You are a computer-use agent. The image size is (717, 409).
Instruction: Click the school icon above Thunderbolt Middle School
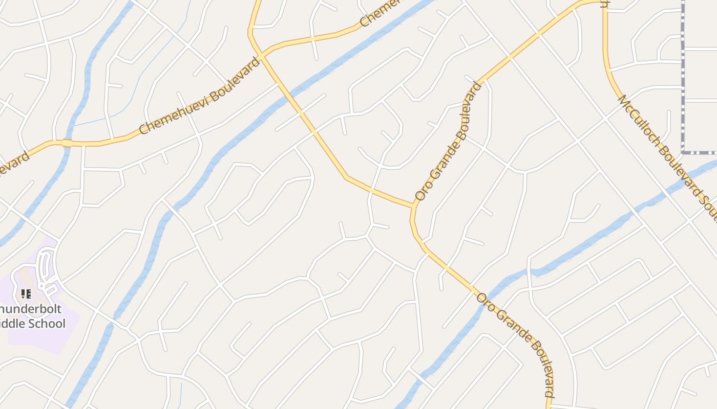pos(26,294)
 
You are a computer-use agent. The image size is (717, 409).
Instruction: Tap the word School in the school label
pos(49,324)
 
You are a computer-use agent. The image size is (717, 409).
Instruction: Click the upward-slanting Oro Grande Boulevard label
pos(449,141)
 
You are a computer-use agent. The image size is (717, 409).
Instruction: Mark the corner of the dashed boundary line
pos(683,152)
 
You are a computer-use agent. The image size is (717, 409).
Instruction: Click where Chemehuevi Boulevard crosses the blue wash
pos(67,143)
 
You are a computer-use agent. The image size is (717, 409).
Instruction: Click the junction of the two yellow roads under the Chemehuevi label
pos(261,54)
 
